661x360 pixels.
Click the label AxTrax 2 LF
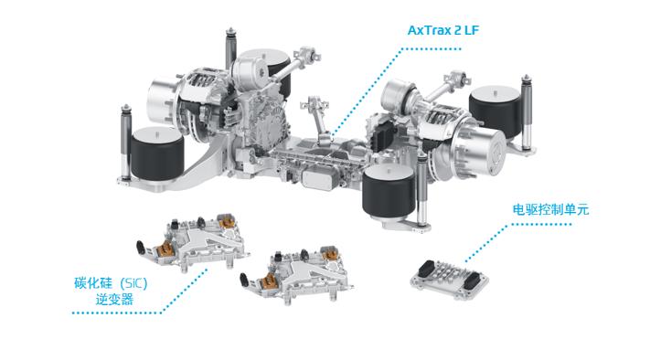(x=443, y=30)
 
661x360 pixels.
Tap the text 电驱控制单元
(x=550, y=209)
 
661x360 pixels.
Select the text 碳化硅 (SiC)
(x=111, y=283)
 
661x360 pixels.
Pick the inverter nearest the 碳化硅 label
(x=193, y=242)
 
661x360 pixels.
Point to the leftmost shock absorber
(x=125, y=143)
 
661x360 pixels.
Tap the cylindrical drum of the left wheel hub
(x=162, y=102)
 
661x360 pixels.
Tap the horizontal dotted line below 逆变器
(x=117, y=312)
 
